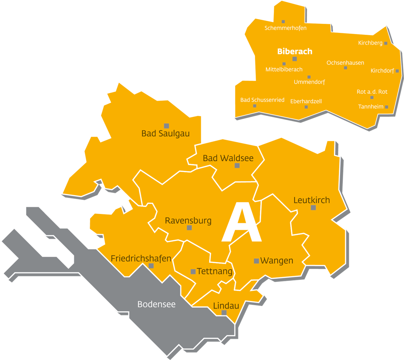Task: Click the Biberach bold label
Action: [x=295, y=51]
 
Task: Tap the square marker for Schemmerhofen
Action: [x=283, y=22]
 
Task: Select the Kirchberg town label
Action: [x=370, y=43]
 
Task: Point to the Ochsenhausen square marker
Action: [x=345, y=68]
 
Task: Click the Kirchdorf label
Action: [x=382, y=71]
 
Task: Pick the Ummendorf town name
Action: [x=309, y=82]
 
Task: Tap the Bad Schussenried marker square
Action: [x=255, y=106]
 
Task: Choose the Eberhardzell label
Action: [x=306, y=101]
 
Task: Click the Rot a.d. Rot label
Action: [x=372, y=92]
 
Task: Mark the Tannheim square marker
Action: [x=387, y=107]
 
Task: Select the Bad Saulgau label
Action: [x=165, y=133]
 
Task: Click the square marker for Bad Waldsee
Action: [x=237, y=166]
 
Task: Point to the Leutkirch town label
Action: [x=312, y=200]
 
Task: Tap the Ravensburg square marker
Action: [x=189, y=228]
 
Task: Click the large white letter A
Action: [x=242, y=223]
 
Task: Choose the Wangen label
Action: [x=277, y=261]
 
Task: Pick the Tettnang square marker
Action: [x=193, y=272]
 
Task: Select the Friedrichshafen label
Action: [x=141, y=259]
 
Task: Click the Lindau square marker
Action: [x=224, y=313]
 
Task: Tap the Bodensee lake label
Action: [x=156, y=304]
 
